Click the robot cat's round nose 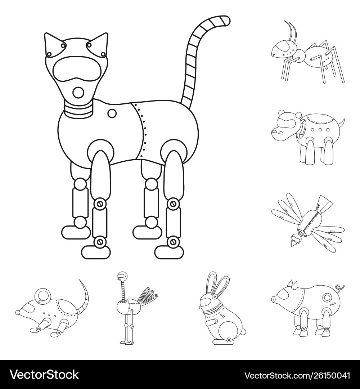(79, 93)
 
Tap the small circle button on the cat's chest (112, 113)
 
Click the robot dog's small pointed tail (342, 122)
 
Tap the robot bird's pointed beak (293, 243)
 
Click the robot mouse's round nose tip (18, 312)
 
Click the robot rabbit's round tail (243, 332)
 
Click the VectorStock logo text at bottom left (44, 374)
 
